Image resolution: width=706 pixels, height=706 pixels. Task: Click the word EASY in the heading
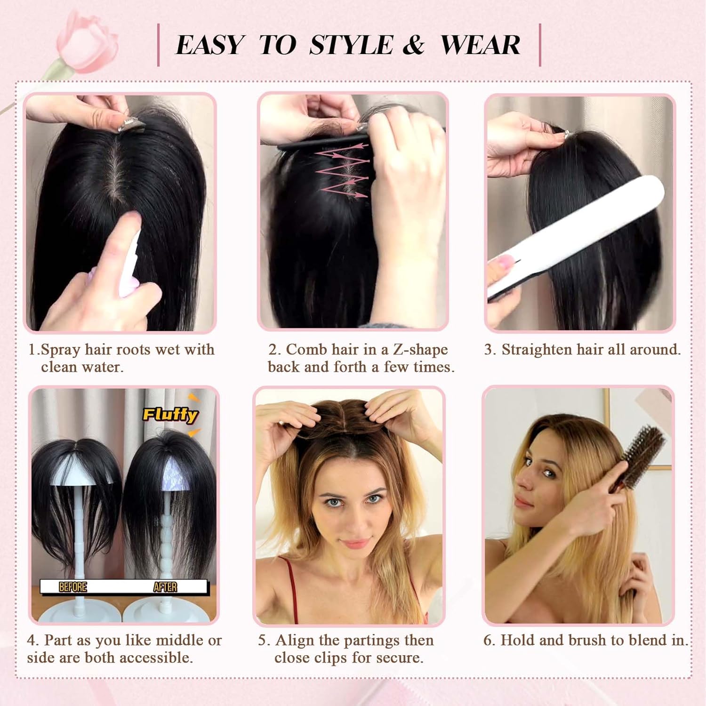pos(210,45)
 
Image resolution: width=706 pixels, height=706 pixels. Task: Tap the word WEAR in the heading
pos(480,45)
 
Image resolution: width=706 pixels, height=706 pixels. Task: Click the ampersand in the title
pos(414,45)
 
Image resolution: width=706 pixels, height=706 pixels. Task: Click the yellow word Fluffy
pos(170,414)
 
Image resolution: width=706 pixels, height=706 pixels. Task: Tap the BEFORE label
pos(73,587)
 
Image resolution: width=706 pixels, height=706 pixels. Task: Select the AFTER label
pos(165,587)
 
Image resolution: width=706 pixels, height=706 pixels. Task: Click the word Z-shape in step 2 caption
pos(420,350)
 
